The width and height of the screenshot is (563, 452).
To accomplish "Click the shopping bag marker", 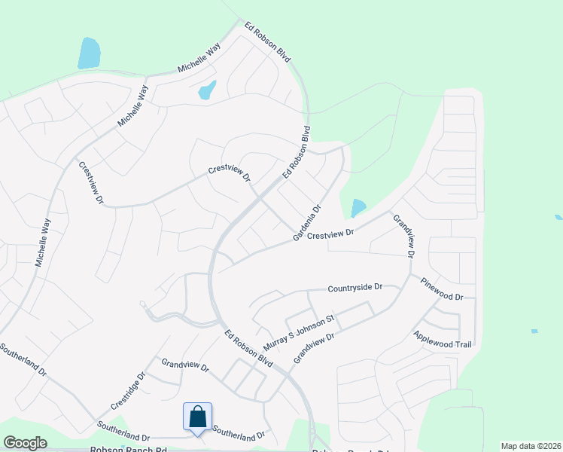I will (x=197, y=417).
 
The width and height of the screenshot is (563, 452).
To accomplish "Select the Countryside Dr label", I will (x=355, y=288).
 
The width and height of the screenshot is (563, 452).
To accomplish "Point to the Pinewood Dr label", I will (x=442, y=291).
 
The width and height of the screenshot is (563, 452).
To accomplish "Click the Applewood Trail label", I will (x=442, y=338).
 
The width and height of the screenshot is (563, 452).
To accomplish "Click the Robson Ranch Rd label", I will (x=128, y=449).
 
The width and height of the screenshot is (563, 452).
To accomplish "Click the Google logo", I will (x=25, y=443).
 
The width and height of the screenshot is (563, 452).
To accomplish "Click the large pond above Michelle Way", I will (x=89, y=53).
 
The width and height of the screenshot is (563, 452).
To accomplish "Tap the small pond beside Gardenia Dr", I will (x=358, y=206).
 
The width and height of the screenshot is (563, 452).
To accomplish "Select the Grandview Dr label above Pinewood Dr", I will (x=403, y=236).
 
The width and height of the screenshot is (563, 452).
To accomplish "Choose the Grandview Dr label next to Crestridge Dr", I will (x=185, y=365).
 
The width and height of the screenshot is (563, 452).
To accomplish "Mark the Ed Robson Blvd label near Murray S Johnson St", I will (x=248, y=347).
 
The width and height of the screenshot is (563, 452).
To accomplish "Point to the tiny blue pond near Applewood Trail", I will (x=534, y=331).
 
